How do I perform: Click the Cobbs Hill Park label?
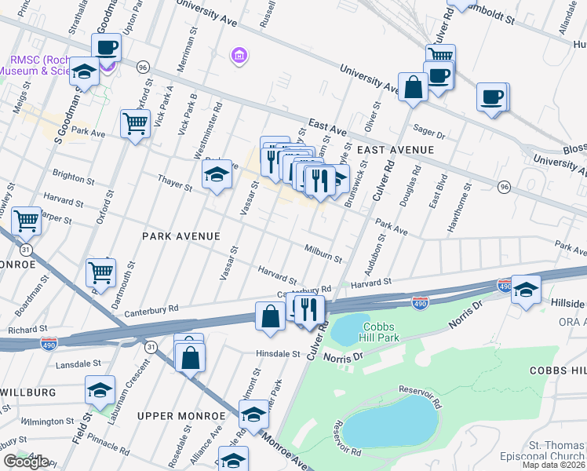[x=381, y=332]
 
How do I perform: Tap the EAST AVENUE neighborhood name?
[x=396, y=149]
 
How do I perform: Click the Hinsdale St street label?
[x=278, y=354]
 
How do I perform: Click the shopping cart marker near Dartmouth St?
[x=100, y=272]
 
